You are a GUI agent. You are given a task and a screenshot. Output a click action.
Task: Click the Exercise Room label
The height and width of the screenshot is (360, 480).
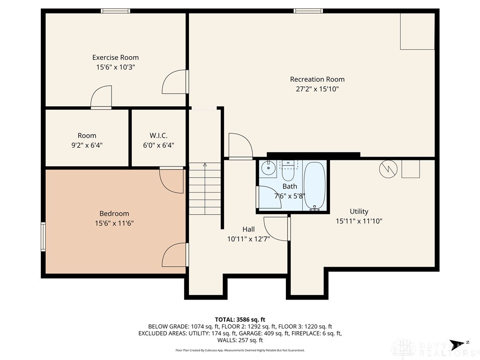coord(115,57)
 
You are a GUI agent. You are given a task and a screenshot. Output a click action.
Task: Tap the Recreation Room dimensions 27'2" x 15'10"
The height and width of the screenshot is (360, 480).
coord(317,89)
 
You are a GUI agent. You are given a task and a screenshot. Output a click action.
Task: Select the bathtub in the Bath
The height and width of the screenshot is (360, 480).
coord(315,185)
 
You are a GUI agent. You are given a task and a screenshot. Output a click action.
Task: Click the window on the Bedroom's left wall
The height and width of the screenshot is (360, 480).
coord(43,237)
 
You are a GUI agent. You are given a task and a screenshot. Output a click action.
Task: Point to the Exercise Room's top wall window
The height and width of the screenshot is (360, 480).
coord(115,11)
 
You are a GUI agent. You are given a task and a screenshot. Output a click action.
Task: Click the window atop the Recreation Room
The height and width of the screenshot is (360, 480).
coord(308,11)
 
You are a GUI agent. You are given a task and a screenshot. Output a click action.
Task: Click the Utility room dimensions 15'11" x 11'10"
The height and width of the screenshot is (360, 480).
coord(359,220)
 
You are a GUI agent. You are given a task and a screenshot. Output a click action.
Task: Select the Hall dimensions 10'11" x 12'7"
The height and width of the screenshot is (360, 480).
coord(248,239)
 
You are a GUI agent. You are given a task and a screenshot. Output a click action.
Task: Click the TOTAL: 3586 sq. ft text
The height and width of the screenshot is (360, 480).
coord(240,319)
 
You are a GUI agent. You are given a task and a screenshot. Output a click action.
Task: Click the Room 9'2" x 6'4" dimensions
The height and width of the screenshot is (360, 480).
coord(87,145)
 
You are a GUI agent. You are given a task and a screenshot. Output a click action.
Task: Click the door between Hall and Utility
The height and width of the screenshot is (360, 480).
coord(277,229)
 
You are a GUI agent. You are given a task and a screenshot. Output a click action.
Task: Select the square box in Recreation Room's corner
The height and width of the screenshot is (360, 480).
coord(417,31)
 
